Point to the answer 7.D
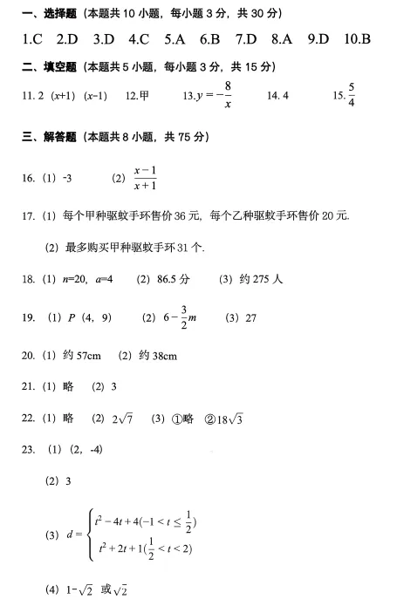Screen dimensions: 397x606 (246, 39)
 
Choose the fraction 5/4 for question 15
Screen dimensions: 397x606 (352, 93)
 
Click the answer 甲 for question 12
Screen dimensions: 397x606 (144, 94)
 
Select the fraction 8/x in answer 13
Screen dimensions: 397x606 (227, 94)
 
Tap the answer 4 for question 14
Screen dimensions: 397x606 (284, 94)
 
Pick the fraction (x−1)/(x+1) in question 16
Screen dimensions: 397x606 (145, 178)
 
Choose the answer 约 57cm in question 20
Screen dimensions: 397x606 (84, 356)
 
